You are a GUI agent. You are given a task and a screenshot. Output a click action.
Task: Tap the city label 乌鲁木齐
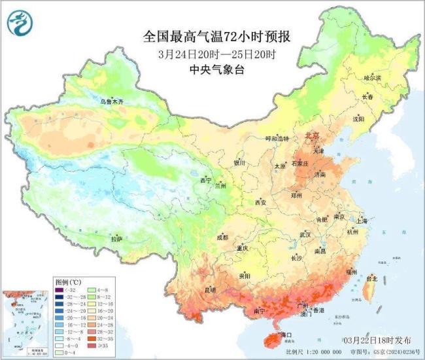coord(111,101)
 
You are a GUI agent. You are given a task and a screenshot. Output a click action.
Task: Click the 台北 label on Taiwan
coord(371,278)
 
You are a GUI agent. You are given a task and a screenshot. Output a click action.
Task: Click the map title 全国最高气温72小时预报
coord(211,36)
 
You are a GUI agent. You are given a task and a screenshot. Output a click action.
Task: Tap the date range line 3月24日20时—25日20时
coord(212,54)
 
